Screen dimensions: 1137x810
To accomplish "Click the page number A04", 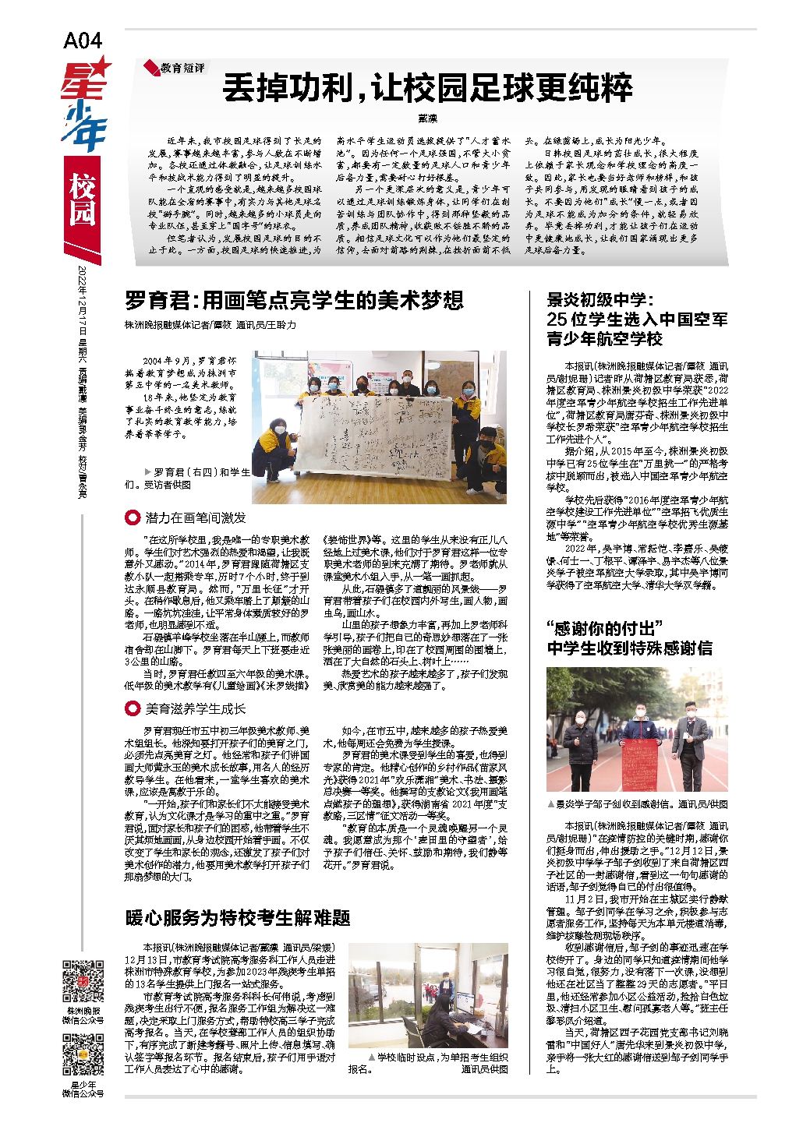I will [x=83, y=41].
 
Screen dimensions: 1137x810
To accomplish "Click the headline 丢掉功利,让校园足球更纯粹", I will [x=427, y=88].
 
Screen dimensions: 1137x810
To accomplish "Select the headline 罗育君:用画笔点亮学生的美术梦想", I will [x=294, y=300].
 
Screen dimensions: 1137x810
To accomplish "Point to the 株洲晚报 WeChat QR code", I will [x=83, y=983].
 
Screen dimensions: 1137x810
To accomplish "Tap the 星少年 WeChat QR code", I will [x=83, y=1053].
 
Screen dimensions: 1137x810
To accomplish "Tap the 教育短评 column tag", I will [x=176, y=69].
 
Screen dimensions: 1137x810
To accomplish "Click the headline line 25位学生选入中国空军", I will [x=637, y=320].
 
